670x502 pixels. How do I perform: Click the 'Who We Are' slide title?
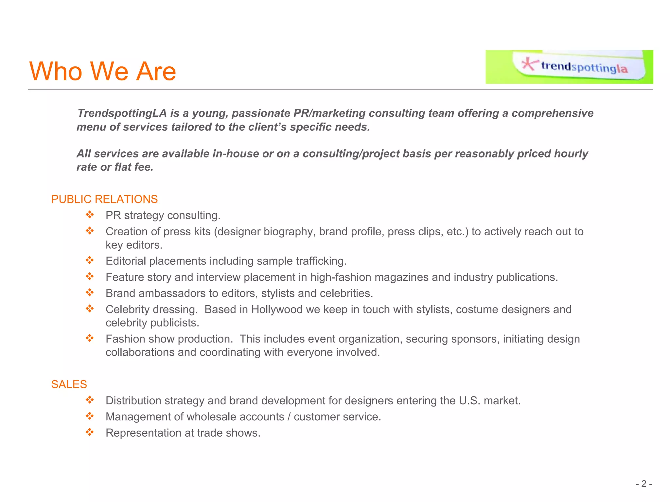click(x=103, y=71)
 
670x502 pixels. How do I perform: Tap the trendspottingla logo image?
click(x=569, y=67)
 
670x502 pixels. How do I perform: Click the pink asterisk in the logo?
click(x=529, y=64)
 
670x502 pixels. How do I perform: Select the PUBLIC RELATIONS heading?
click(x=104, y=199)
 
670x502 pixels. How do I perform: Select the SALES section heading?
click(x=69, y=384)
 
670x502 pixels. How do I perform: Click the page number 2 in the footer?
click(x=644, y=484)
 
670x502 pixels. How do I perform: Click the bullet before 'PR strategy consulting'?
click(x=90, y=215)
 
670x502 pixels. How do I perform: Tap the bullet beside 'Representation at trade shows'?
click(x=90, y=432)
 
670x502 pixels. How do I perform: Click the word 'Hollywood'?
click(x=277, y=309)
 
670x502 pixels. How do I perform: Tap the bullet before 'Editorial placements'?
click(x=90, y=260)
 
